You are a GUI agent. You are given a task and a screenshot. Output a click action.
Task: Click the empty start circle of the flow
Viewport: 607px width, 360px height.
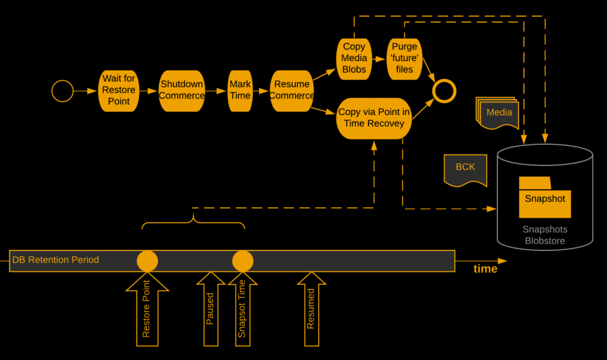(62, 91)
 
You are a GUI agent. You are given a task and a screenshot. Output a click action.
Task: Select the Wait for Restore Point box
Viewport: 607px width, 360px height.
(119, 90)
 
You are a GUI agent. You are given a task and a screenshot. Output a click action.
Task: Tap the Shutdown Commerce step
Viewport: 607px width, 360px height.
(181, 90)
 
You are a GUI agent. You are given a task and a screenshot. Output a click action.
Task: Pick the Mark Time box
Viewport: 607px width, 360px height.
(240, 90)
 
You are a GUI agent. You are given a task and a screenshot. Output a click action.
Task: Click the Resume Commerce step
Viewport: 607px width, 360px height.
(292, 90)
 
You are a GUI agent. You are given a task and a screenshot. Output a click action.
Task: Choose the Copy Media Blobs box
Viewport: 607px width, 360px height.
(354, 58)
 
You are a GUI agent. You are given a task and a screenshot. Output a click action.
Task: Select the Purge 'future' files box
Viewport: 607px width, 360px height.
(404, 58)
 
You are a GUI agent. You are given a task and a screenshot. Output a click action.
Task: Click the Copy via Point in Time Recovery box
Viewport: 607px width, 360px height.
(374, 118)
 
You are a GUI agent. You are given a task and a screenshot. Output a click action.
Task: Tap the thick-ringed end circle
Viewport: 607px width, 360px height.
(443, 91)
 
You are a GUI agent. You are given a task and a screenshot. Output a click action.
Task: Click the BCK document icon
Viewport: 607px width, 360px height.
(465, 168)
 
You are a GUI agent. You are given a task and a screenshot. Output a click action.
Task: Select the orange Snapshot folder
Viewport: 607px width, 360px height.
(544, 199)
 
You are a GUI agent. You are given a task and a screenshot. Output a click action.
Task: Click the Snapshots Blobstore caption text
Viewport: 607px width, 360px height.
(544, 235)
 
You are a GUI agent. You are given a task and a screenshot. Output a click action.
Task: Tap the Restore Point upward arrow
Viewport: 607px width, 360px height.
(147, 311)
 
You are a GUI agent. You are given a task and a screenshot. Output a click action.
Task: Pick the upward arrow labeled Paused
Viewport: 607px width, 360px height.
(210, 310)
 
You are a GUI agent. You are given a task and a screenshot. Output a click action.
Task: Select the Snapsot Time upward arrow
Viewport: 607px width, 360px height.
(242, 310)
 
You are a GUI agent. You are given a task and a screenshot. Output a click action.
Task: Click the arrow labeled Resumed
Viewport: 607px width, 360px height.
(311, 310)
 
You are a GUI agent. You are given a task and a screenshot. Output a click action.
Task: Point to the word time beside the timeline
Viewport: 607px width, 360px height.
(485, 269)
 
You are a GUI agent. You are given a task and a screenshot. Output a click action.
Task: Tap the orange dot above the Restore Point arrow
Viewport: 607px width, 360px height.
(147, 261)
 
